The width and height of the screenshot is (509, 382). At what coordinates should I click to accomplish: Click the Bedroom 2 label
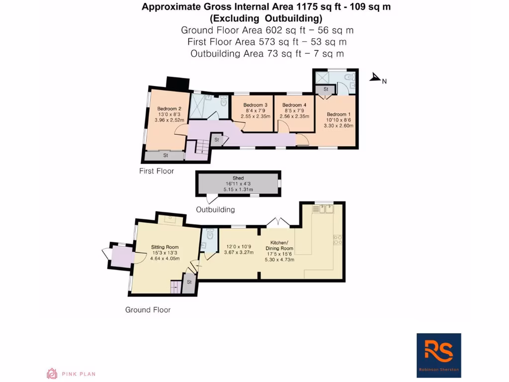click(x=166, y=108)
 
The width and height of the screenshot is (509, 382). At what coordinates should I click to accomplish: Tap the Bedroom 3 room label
click(x=255, y=105)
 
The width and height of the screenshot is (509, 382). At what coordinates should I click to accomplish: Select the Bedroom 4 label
click(x=294, y=105)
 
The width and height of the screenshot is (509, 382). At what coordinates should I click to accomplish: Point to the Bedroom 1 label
click(x=339, y=114)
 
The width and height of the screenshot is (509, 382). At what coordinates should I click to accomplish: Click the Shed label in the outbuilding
click(x=238, y=178)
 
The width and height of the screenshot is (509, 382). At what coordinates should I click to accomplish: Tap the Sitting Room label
click(x=165, y=247)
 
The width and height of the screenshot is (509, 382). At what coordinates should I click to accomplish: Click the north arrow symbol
click(x=376, y=78)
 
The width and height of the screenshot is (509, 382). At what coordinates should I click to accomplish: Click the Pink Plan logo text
click(x=79, y=374)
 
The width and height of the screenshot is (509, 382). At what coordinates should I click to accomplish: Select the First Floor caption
click(x=157, y=171)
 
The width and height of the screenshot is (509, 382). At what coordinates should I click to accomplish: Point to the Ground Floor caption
click(x=148, y=310)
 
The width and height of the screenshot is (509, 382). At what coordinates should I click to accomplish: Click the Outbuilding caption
click(x=215, y=210)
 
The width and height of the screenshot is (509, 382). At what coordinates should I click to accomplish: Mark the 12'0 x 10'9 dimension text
click(x=239, y=246)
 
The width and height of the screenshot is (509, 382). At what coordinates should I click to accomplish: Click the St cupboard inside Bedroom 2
click(x=166, y=156)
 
